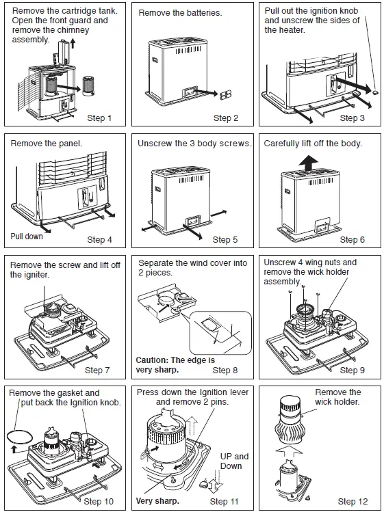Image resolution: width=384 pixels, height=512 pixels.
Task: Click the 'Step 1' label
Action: (100, 118)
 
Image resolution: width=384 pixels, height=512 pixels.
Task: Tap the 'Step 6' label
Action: (353, 240)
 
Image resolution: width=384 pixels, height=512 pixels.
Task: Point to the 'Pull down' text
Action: (27, 237)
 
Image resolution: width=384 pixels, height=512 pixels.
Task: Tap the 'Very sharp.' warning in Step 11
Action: (157, 500)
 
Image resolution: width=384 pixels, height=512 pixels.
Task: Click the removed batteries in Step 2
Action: (224, 95)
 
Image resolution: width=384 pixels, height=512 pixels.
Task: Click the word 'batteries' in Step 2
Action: (199, 14)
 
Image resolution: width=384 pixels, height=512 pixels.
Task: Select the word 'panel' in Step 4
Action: (66, 144)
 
